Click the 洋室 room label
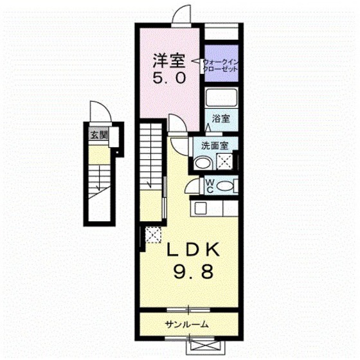(x=169, y=61)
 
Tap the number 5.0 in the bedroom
(x=169, y=78)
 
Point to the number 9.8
(x=194, y=271)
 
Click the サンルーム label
(x=186, y=325)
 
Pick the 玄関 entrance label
(x=99, y=135)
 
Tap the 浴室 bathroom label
(x=221, y=119)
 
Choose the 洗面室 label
(x=215, y=145)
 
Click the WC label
(x=210, y=186)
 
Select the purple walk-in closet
(x=221, y=63)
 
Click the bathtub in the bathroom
(x=221, y=97)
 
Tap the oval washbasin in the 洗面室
(x=203, y=163)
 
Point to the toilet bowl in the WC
(x=225, y=186)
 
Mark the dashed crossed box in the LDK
(x=154, y=235)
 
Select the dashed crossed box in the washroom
(x=224, y=161)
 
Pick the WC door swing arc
(x=192, y=184)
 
